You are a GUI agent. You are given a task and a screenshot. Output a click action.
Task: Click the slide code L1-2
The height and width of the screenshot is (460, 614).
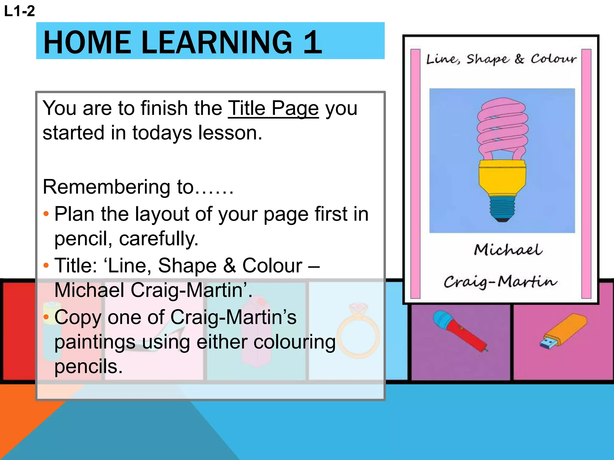pos(19,11)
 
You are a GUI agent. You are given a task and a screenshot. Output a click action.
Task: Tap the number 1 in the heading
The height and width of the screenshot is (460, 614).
pos(312,43)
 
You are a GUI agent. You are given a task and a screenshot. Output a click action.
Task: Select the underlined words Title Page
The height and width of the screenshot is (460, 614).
pos(273,108)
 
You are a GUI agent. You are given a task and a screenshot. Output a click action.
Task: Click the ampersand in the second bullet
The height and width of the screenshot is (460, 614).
pos(230,266)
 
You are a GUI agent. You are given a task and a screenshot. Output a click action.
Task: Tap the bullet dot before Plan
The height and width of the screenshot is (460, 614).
pos(46,214)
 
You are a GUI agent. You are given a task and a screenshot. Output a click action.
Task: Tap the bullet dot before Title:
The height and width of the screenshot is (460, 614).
pos(46,265)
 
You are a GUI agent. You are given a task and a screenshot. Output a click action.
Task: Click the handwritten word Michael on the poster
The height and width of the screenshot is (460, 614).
pos(508,250)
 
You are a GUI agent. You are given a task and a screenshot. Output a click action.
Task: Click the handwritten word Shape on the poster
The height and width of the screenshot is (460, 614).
pos(487,59)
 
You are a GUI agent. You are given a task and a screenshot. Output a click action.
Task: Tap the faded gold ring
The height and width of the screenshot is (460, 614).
pos(358,332)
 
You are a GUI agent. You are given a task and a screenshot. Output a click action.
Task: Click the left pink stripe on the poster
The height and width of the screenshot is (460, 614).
pos(415,174)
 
